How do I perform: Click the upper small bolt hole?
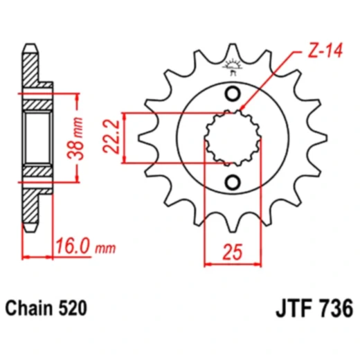[x=233, y=94]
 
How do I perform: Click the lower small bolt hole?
[x=233, y=182]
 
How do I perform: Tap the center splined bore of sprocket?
[x=233, y=138]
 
